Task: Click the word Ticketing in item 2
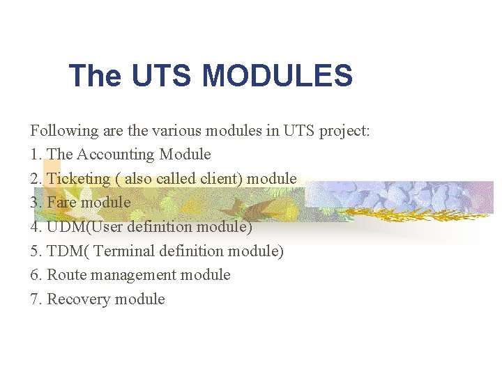point(78,178)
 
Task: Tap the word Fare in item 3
point(61,203)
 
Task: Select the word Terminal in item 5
point(127,251)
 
